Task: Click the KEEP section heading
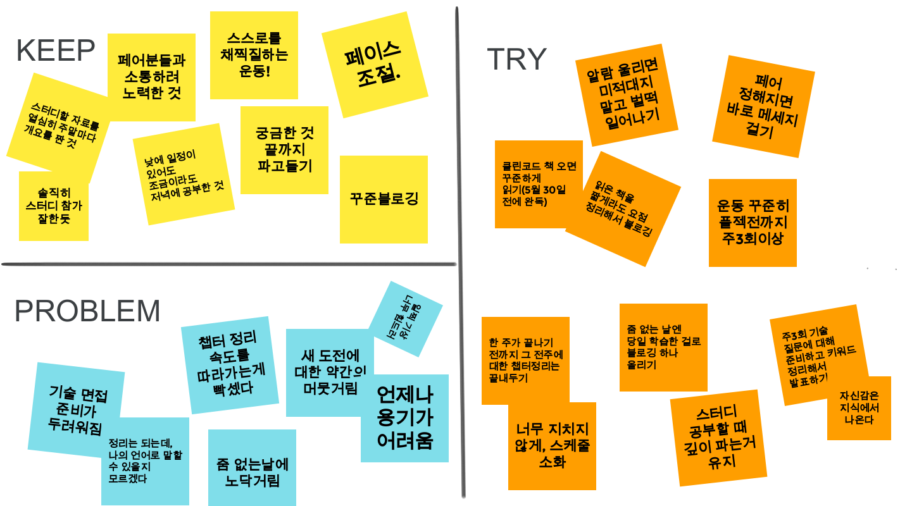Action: pyautogui.click(x=56, y=51)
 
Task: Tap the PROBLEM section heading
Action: pyautogui.click(x=87, y=311)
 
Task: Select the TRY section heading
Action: pyautogui.click(x=516, y=59)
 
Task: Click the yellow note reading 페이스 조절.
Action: pyautogui.click(x=373, y=64)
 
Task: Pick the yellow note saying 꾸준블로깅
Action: pyautogui.click(x=384, y=199)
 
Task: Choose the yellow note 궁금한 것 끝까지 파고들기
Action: pyautogui.click(x=284, y=150)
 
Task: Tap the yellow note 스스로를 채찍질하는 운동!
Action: pyautogui.click(x=254, y=55)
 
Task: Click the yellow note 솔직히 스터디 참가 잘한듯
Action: pyautogui.click(x=53, y=206)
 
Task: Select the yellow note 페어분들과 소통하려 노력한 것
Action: pyautogui.click(x=151, y=77)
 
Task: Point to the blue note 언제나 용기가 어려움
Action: pyautogui.click(x=404, y=418)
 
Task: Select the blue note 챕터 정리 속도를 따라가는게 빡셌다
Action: pyautogui.click(x=229, y=364)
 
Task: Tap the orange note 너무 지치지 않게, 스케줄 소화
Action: pyautogui.click(x=552, y=447)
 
